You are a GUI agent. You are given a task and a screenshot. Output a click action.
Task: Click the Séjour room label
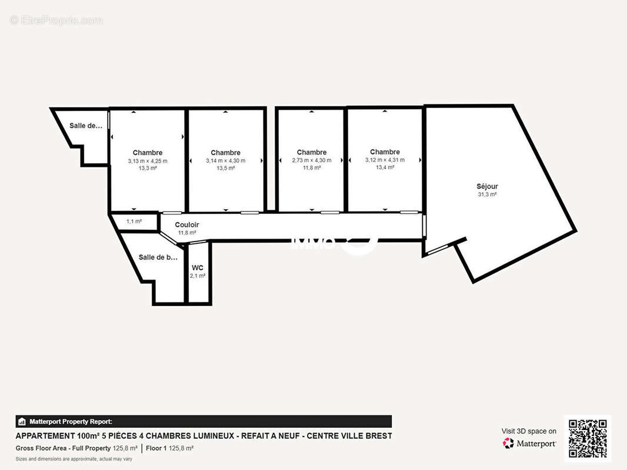[x=487, y=186]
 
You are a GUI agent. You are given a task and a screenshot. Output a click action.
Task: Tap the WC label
[x=198, y=268]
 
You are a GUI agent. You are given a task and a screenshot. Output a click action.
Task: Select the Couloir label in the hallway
[x=187, y=225]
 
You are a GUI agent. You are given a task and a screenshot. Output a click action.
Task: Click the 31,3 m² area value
[x=487, y=194]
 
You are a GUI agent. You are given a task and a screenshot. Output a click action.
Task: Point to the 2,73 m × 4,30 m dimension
[x=312, y=160]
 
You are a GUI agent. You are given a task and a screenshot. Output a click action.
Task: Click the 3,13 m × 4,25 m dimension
[x=148, y=161]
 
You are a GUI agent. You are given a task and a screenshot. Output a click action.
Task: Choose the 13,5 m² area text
[x=225, y=168]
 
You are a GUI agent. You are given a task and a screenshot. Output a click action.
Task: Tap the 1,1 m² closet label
[x=134, y=221]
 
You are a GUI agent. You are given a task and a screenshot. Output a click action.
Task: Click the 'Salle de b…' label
[x=158, y=257]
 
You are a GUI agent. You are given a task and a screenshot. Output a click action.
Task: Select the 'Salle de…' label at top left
[x=86, y=125]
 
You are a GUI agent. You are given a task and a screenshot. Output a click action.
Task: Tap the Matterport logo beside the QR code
[x=529, y=444]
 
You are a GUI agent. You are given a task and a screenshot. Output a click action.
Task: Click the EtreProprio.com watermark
[x=56, y=20]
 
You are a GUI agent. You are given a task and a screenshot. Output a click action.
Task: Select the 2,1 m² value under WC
[x=198, y=276]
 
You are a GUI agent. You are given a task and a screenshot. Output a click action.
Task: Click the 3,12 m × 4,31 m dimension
[x=385, y=160]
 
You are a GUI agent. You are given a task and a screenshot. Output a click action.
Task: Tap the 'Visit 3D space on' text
[x=529, y=431]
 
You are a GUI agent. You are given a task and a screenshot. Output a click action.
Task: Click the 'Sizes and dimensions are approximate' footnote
[x=74, y=459]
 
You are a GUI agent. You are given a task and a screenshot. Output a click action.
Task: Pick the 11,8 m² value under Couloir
[x=187, y=233]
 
